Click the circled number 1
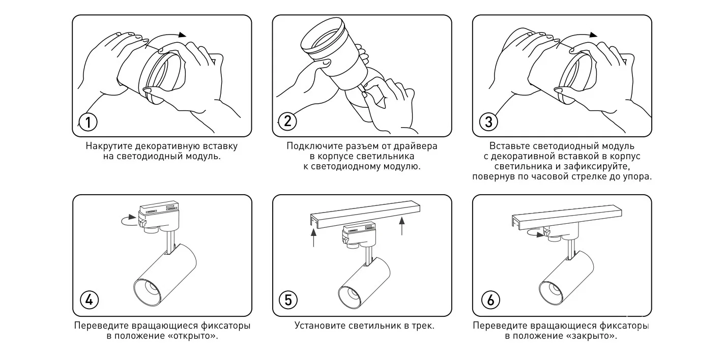88,122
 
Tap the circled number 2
287,121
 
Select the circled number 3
488,122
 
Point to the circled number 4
89,300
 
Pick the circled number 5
288,300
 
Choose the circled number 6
490,300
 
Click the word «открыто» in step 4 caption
192,336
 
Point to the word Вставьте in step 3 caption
509,146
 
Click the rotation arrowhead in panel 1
183,35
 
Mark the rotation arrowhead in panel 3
593,35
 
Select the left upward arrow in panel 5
313,238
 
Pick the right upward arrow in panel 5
402,226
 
